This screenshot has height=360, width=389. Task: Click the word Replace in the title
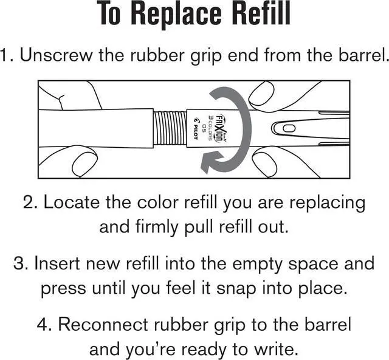pos(176,15)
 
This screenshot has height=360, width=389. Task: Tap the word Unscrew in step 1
pos(56,55)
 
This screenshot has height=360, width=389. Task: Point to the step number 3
pos(21,263)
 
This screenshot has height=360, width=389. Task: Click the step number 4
pos(44,324)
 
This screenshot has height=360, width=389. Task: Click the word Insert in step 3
pos(58,263)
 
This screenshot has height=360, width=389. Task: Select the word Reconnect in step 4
pos(104,324)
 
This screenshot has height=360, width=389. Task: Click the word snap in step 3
pos(236,289)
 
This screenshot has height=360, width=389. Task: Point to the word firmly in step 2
pos(157,227)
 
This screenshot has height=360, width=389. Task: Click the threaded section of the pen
pos(170,128)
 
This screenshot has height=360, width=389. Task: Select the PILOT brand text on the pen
pos(195,128)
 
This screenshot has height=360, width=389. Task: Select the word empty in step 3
pos(257,265)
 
